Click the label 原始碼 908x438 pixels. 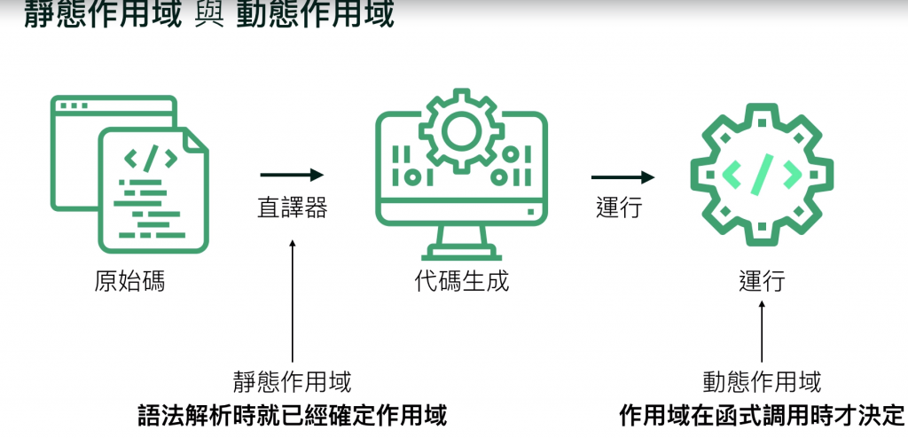point(129,283)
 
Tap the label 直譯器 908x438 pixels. point(293,208)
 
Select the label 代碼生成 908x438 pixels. point(462,283)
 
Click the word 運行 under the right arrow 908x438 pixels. point(619,208)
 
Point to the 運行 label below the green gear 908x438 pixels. point(762,283)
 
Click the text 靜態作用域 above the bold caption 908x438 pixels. point(293,382)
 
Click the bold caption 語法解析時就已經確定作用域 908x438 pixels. point(293,415)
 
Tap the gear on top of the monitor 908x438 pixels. point(462,132)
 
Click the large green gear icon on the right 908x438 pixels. point(762,173)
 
